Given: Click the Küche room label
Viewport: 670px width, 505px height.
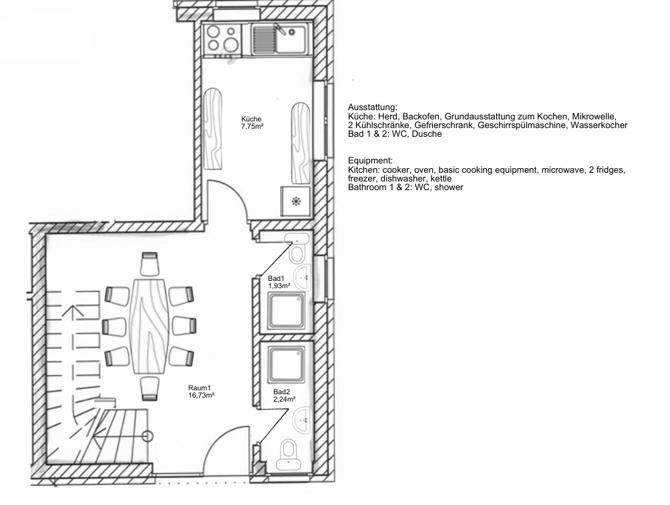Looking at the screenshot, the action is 251,119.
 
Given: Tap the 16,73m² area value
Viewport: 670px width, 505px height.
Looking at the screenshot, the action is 201,396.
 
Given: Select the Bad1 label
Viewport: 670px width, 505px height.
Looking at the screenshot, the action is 276,279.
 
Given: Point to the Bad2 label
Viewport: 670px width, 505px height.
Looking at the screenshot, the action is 282,392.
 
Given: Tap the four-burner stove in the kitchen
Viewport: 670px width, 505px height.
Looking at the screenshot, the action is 222,39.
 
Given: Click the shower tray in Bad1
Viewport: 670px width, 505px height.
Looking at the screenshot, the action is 287,311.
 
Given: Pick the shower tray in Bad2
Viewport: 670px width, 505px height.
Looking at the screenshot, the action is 287,364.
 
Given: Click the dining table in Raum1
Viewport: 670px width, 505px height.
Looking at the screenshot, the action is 149,327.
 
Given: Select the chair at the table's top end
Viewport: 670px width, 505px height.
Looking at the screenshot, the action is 150,264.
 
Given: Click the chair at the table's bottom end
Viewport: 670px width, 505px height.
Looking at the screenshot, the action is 150,389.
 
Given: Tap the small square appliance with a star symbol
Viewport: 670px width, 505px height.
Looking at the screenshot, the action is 295,201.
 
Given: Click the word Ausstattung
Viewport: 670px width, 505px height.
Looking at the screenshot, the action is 372,107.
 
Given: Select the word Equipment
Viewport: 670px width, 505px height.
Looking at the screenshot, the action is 370,161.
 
